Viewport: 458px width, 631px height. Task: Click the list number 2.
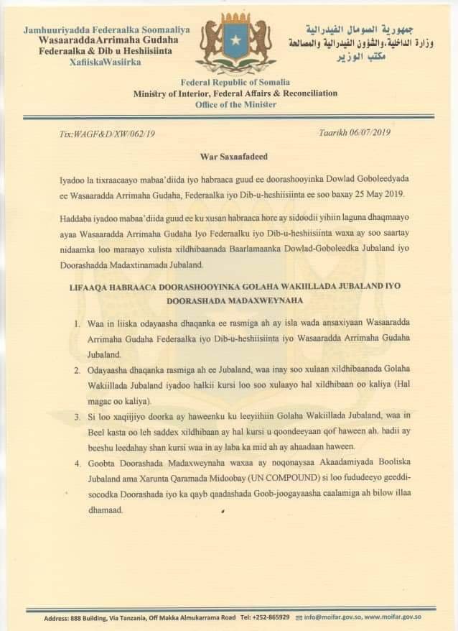coord(77,370)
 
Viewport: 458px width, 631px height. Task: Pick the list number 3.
coord(77,418)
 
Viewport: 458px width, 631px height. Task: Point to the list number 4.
coord(77,465)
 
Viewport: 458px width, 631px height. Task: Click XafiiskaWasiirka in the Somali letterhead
coord(106,63)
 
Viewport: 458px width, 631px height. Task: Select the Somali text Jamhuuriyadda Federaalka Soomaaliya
coord(106,30)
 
